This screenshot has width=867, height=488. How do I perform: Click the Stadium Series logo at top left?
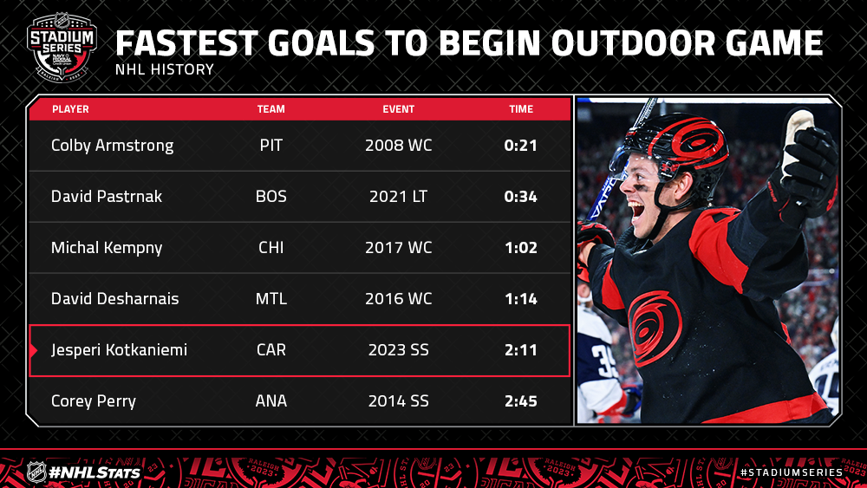pos(62,47)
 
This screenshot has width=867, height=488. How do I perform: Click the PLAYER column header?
pos(70,109)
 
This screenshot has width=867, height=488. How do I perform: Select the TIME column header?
pos(521,109)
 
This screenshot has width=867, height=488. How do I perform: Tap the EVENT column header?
pos(398,109)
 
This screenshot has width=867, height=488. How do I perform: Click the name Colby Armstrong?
pos(112,146)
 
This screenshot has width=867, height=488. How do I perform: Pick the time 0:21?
pos(520,146)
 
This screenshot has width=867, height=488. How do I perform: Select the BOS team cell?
pos(271,196)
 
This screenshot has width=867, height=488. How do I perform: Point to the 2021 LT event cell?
pos(398,196)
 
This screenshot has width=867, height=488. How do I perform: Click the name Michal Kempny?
pos(107,248)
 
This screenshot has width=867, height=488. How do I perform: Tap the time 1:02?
pos(521,248)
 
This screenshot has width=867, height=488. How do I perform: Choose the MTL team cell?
pos(271,299)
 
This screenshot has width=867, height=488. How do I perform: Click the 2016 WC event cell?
pos(398,299)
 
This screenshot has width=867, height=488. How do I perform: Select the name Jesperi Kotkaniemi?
pos(119,350)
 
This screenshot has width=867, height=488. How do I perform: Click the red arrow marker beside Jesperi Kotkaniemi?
pos(34,350)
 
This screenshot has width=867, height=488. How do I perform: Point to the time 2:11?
pos(521,350)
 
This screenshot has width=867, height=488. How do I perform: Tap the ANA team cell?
pos(271,401)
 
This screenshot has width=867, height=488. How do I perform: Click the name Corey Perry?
pos(94,401)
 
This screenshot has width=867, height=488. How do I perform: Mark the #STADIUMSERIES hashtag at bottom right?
pos(792,472)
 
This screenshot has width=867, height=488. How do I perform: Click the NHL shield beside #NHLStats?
pos(36,472)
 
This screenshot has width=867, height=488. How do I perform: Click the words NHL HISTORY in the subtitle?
pos(164,69)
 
